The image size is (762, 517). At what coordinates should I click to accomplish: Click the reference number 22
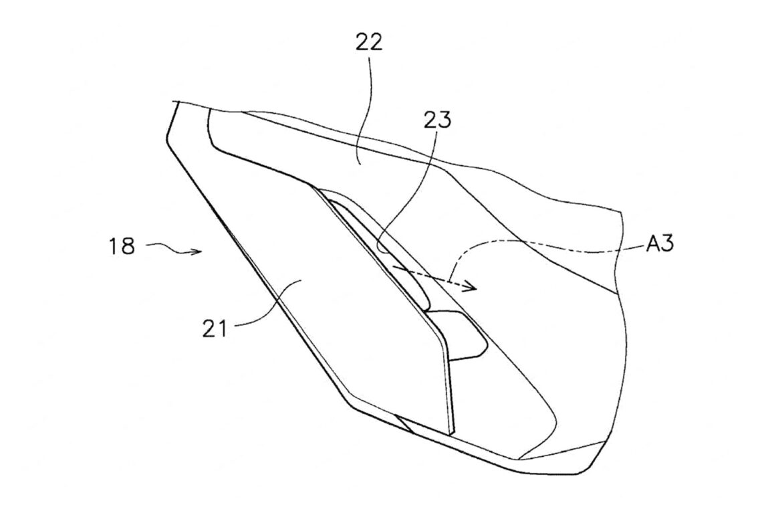point(370,42)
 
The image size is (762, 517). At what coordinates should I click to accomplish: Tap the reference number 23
point(437,120)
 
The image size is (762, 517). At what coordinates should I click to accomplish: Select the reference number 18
point(122,246)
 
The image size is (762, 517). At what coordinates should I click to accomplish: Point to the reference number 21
point(215,329)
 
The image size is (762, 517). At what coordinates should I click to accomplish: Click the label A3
point(660,243)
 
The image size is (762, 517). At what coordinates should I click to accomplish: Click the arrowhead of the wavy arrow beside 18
point(197,251)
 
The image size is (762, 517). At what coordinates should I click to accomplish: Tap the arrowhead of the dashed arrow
point(470,287)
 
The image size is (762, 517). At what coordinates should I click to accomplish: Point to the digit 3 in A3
point(668,243)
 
